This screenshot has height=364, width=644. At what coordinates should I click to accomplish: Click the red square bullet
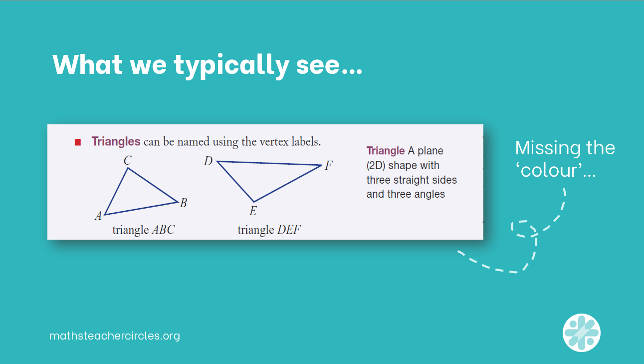tap(77, 142)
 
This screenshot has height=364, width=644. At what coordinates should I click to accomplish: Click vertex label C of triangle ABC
tap(128, 160)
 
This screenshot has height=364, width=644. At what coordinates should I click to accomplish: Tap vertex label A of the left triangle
tap(99, 216)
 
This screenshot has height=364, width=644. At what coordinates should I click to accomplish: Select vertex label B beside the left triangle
tap(184, 203)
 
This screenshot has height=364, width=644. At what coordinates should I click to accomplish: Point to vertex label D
tap(209, 161)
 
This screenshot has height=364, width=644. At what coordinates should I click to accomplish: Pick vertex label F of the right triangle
tap(328, 166)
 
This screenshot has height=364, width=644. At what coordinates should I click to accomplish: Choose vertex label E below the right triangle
tap(253, 212)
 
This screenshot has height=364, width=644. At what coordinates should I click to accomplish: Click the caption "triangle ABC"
tap(144, 230)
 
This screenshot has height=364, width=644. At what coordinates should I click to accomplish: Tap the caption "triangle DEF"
tap(269, 230)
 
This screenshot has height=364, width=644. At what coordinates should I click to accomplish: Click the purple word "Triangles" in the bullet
tap(116, 141)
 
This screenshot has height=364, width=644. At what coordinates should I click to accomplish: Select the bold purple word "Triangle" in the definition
tap(386, 151)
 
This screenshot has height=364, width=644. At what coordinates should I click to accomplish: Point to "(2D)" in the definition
tap(378, 165)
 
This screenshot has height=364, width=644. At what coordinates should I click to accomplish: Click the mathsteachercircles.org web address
tap(115, 336)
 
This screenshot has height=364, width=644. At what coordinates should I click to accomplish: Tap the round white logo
tap(582, 333)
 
